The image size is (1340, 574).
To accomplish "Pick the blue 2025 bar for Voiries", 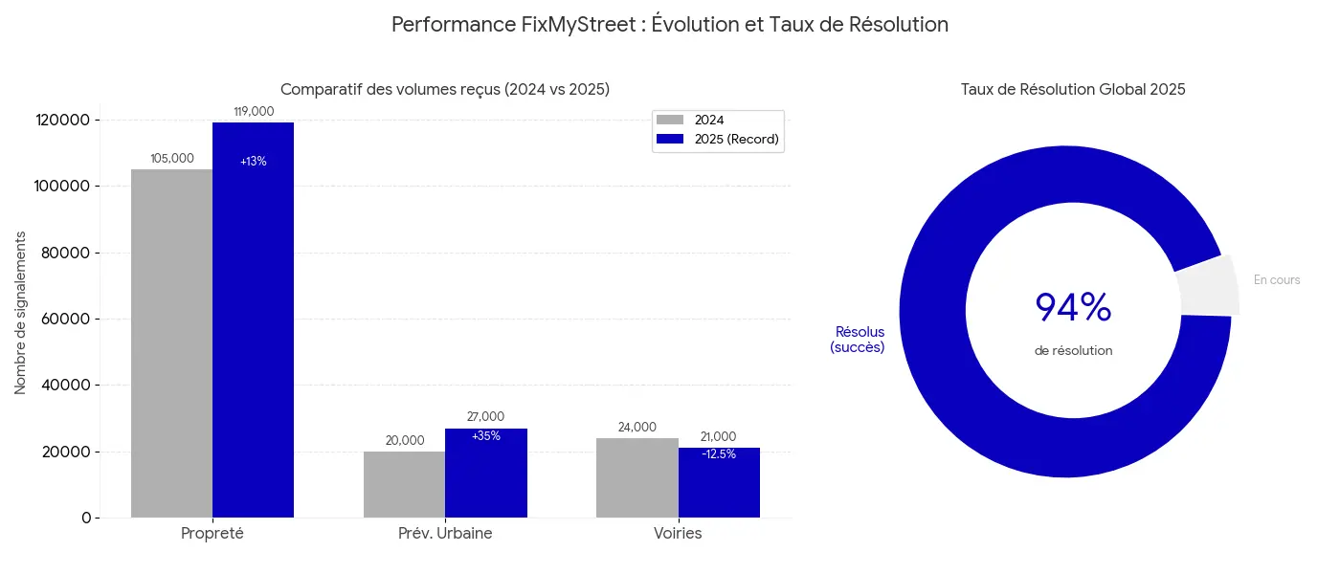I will coord(719,488).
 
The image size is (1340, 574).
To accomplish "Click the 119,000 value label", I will coord(254,112).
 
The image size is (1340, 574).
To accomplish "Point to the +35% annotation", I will coord(486,436).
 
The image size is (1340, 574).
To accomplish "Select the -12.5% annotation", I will coord(719,454).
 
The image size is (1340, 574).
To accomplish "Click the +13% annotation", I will coord(254,162).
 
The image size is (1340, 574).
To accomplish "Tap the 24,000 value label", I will coord(637,428).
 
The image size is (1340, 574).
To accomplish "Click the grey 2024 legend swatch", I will coord(670,121).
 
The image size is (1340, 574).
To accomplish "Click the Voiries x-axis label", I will coord(678,534).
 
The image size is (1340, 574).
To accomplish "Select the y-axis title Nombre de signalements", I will coord(20,312).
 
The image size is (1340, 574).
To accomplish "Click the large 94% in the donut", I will coord(1073,308).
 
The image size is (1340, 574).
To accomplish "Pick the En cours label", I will coord(1277,280).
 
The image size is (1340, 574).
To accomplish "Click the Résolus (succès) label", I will coord(858,340).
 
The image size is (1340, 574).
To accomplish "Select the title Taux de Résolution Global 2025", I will coord(1073,90).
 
